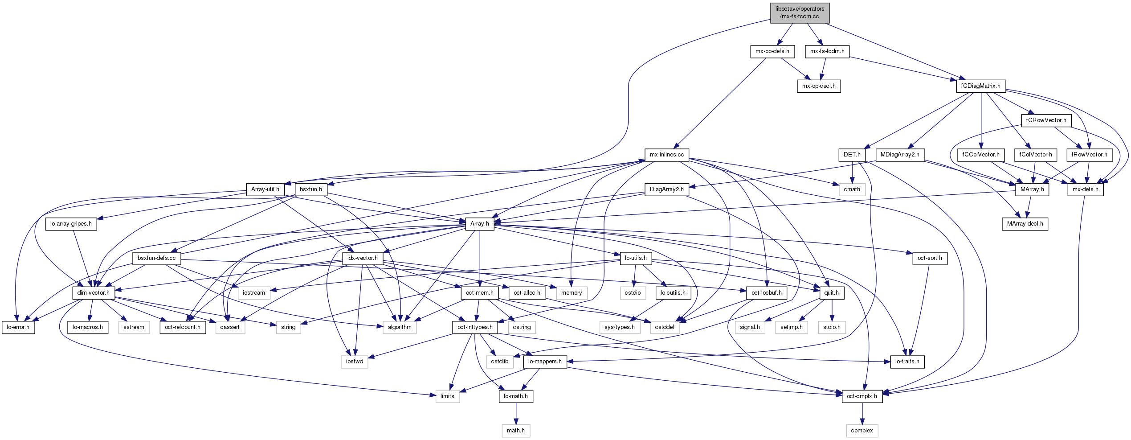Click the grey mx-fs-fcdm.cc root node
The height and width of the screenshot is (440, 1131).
(x=800, y=12)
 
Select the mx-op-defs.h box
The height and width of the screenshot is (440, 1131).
(x=772, y=51)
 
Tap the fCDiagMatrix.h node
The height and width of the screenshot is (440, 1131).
(x=980, y=86)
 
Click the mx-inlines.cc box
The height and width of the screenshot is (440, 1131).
(x=666, y=155)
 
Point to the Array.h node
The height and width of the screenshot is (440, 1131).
(x=479, y=224)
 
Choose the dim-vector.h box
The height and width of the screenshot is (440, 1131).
(x=93, y=293)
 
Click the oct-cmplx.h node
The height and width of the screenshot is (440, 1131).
(x=862, y=396)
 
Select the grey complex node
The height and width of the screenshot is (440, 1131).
(x=862, y=431)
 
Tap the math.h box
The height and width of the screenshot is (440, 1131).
(x=515, y=431)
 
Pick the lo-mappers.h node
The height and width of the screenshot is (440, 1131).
(x=545, y=362)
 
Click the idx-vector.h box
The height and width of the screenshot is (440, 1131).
(x=362, y=258)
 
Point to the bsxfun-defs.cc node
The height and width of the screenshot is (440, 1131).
(x=156, y=258)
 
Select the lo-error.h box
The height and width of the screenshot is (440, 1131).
(x=18, y=327)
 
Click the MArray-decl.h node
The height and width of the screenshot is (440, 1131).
(x=1025, y=224)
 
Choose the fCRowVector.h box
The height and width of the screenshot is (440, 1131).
(x=1046, y=120)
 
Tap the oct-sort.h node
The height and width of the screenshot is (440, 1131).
(x=930, y=258)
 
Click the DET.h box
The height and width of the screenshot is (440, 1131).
(x=852, y=155)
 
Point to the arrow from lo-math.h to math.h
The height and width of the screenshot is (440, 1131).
(x=515, y=414)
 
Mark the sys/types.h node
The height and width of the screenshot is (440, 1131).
(x=620, y=327)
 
